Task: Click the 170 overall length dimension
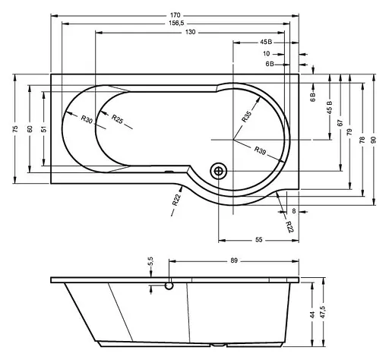tap(176, 15)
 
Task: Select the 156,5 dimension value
tap(176, 24)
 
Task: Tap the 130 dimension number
tap(191, 32)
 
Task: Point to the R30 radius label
tap(87, 119)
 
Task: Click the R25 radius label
tap(117, 119)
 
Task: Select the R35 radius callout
tap(246, 117)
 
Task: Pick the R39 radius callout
tap(260, 150)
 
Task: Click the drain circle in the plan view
tap(218, 171)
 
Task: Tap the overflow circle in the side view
tap(169, 286)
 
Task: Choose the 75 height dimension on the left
tap(15, 129)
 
